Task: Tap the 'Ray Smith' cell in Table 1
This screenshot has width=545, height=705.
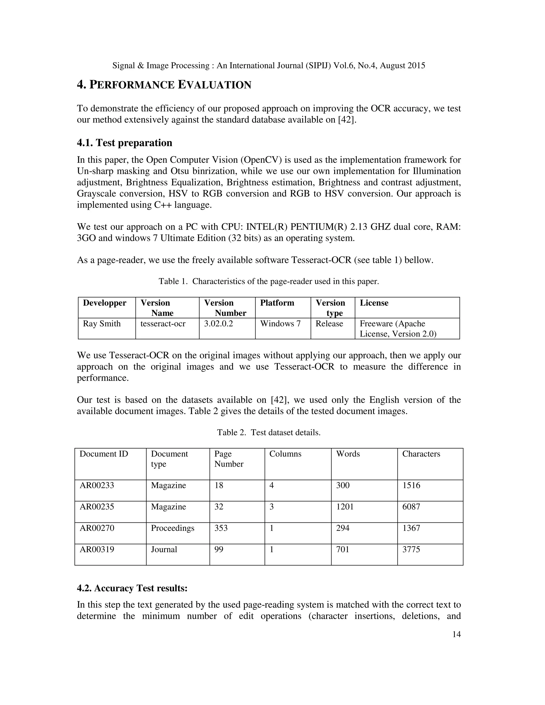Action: [x=102, y=324]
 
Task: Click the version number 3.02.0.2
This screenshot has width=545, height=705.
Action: [x=218, y=324]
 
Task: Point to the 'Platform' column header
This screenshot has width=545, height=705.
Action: [x=277, y=303]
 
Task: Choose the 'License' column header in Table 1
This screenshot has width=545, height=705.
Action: [x=374, y=303]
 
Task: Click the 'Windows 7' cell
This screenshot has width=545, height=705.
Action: [x=280, y=324]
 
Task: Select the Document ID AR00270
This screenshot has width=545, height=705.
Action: [x=97, y=528]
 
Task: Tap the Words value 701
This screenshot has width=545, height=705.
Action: [x=342, y=549]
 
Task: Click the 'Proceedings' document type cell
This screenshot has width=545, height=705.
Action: [x=172, y=528]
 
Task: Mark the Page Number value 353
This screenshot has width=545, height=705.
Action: [x=221, y=528]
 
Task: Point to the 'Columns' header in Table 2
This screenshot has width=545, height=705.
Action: [x=285, y=454]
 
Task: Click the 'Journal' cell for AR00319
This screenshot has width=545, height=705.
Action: [x=164, y=549]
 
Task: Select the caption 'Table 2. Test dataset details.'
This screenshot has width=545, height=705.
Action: [x=269, y=433]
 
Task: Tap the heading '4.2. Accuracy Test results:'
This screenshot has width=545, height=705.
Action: [x=132, y=588]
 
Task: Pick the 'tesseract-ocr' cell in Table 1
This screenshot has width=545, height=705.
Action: [x=163, y=324]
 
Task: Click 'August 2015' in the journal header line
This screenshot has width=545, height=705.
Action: [x=402, y=65]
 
